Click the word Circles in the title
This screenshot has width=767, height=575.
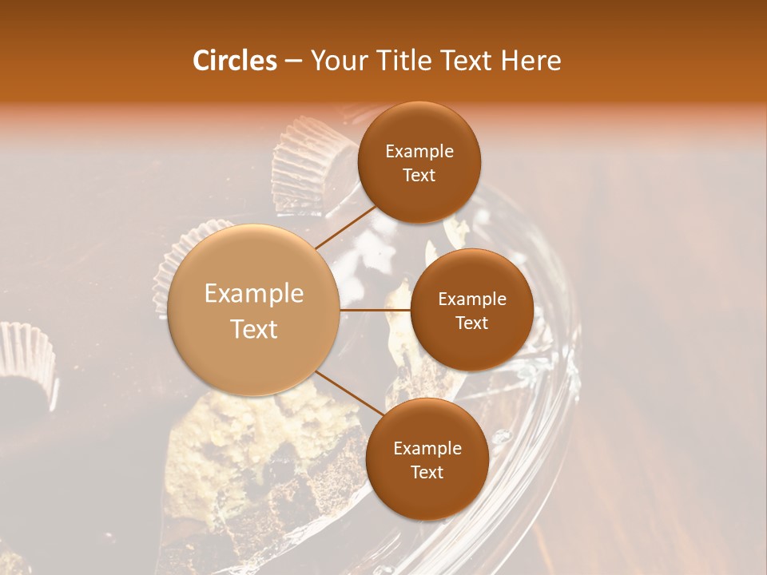235,61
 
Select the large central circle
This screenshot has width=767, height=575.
254,310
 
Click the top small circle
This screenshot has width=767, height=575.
419,162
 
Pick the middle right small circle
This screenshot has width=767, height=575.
471,310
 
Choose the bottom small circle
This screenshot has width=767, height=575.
427,459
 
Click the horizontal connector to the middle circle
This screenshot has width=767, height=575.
376,310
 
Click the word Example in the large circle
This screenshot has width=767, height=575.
254,294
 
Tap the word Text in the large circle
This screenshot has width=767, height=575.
254,329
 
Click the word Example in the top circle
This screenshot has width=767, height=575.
419,152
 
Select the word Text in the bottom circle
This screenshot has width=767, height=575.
427,472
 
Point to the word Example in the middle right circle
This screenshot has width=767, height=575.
472,299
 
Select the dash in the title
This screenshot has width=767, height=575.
292,61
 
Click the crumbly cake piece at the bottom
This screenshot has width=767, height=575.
240,447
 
